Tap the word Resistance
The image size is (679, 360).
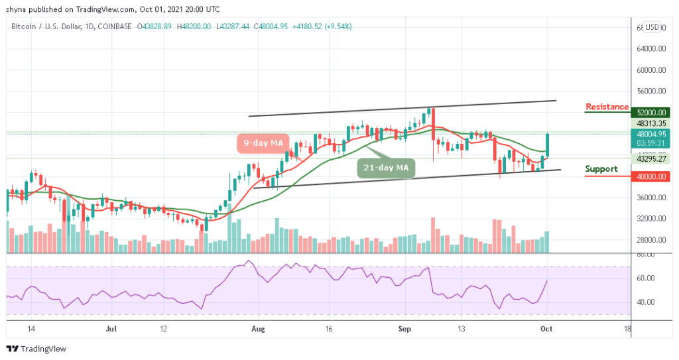click(607, 107)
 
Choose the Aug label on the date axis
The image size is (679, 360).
click(259, 328)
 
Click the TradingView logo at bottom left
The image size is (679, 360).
click(37, 349)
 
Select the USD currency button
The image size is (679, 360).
click(653, 27)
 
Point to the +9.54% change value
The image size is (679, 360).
click(338, 27)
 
